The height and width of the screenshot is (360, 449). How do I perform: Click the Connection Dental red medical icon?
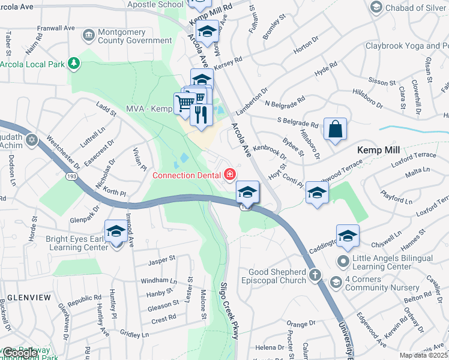coord(229,175)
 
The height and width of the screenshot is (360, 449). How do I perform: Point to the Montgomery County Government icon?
coord(88,35)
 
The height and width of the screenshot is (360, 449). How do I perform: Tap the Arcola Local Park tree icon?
coord(74,62)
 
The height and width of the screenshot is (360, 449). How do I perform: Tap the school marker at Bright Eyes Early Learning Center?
coord(116,231)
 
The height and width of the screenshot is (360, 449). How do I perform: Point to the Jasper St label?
coord(162,259)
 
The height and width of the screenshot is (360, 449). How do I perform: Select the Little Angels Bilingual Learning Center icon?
coord(343,261)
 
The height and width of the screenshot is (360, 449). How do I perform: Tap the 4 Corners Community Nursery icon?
coord(336,281)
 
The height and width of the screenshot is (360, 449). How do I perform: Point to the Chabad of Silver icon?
coord(376,7)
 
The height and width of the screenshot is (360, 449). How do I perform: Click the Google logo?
coord(20,353)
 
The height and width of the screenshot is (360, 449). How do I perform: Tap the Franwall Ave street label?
coord(55,28)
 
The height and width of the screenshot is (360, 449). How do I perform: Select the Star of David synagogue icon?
coord(32,140)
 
